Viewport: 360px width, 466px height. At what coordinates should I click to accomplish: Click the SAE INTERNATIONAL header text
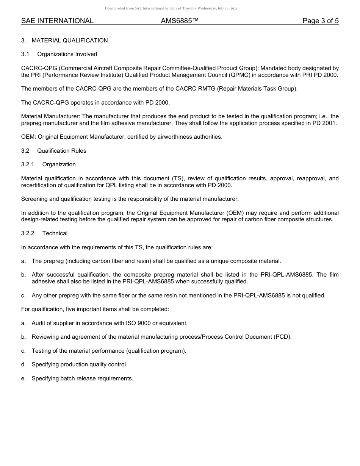coord(57,21)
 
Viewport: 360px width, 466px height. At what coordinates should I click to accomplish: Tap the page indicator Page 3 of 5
coord(320,21)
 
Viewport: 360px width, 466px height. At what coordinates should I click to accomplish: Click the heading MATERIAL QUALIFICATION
coord(70,41)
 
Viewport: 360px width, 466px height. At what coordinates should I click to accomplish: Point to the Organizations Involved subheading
coord(67,54)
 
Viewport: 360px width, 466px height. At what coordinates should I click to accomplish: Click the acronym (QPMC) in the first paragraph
coord(239,75)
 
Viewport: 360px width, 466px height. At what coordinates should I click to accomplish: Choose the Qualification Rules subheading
coord(62,151)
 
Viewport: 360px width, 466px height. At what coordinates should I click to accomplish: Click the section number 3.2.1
coord(28,164)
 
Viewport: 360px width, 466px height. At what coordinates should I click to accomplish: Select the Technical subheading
coord(55,233)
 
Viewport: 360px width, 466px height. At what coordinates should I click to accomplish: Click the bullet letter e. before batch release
coord(23,378)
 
